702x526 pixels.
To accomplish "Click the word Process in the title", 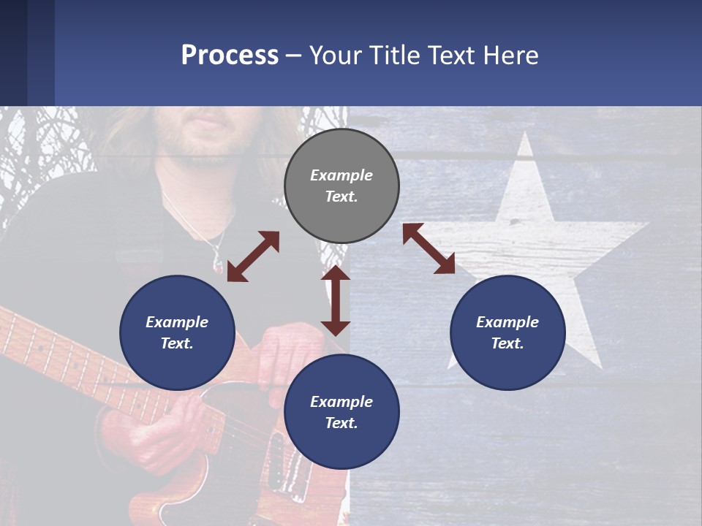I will coord(230,56).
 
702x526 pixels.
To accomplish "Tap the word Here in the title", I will coord(511,56).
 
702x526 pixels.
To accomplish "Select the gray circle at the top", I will coord(341,186).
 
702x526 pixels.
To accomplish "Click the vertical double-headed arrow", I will coord(336,300).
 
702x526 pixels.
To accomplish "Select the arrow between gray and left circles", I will coord(253,256).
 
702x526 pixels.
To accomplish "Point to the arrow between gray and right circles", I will coord(429,248).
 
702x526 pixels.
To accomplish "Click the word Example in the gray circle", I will coord(341,175).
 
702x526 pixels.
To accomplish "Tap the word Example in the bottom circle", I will coord(341,402).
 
